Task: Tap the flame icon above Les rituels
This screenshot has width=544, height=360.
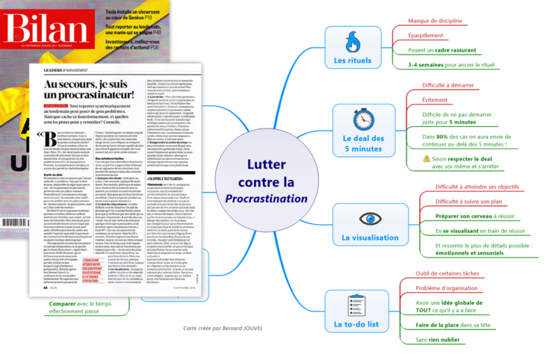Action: click(352, 42)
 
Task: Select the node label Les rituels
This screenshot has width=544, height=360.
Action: click(352, 61)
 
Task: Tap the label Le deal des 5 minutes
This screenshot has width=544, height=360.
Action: click(352, 143)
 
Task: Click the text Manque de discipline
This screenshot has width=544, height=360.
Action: click(435, 21)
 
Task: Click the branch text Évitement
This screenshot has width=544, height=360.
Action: click(435, 100)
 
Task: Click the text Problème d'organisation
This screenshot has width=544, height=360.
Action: click(446, 288)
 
